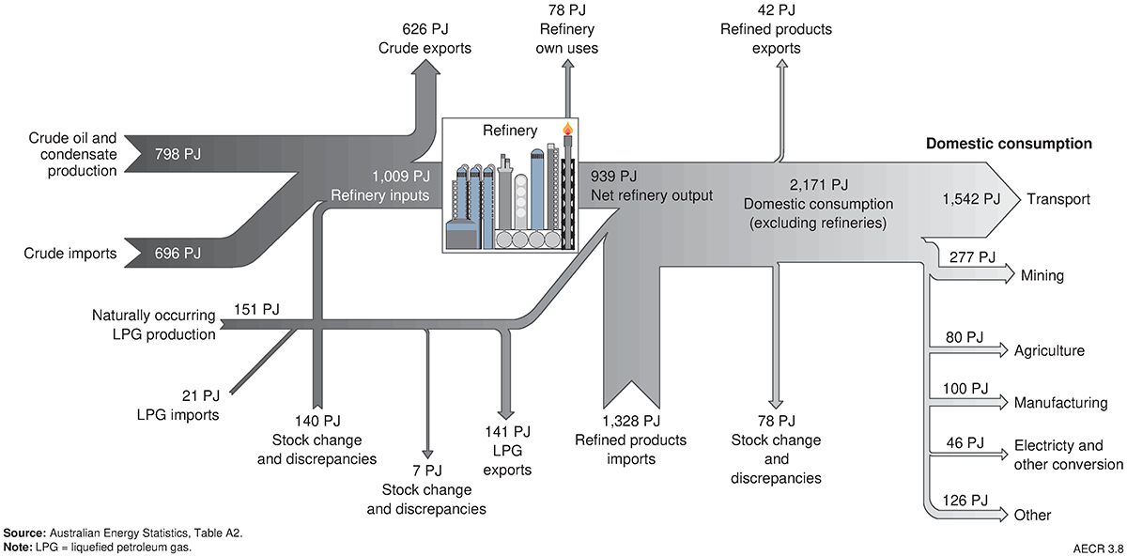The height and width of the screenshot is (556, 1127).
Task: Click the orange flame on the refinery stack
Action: pos(566,128)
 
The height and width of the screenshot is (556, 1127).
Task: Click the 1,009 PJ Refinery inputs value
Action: pos(401,176)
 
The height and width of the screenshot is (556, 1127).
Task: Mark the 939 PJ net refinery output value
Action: pos(614,176)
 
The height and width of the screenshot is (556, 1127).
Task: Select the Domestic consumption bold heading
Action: pos(1009,144)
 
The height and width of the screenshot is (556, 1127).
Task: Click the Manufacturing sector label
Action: pos(1060,403)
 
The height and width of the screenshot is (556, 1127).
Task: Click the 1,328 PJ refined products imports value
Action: pos(631,421)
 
